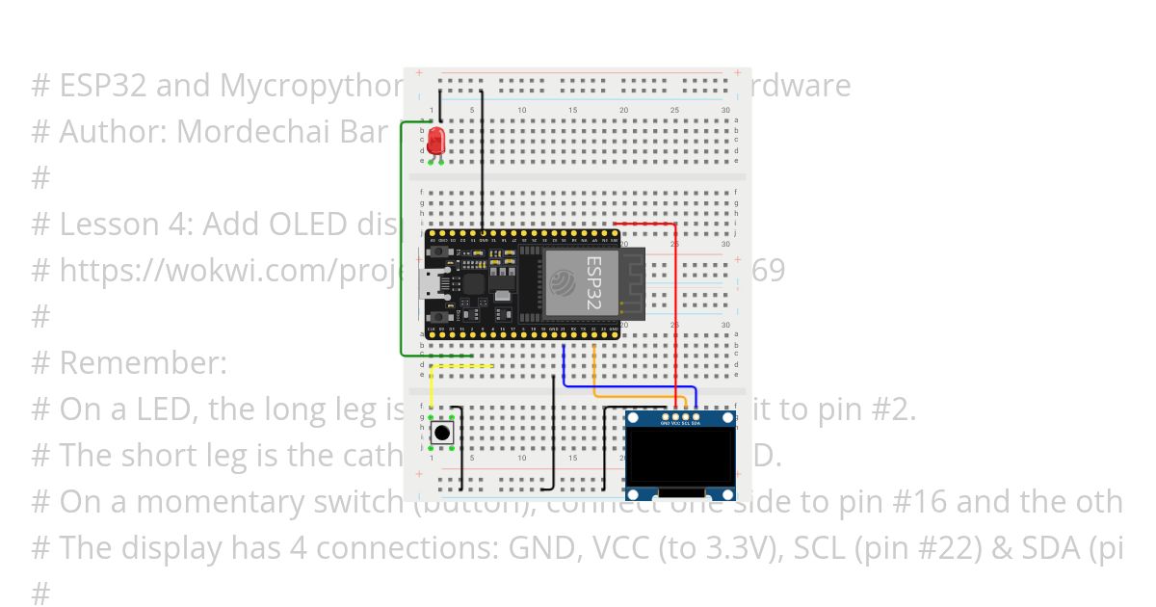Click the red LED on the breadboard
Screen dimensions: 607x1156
click(436, 141)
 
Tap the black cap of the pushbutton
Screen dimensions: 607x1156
click(442, 433)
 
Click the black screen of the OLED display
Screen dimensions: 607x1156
click(680, 459)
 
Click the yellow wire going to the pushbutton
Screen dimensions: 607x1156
click(431, 389)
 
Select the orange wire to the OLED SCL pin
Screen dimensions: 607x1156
click(636, 394)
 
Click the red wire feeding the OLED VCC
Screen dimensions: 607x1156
click(675, 308)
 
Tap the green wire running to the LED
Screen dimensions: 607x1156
click(402, 241)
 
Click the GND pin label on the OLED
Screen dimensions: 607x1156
click(664, 423)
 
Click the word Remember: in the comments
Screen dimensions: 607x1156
click(143, 363)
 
